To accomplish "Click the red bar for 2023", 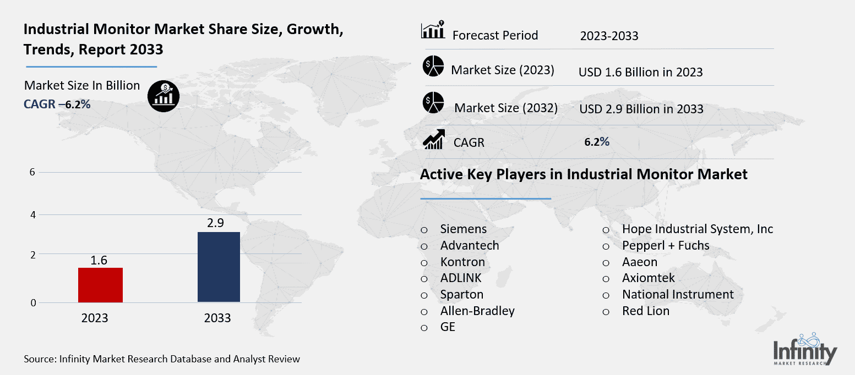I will pos(100,285).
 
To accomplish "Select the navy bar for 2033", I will pos(218,267).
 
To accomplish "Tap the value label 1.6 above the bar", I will pos(99,260).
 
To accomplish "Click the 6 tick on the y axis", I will pos(32,172).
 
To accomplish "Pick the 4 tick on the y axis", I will pos(32,215).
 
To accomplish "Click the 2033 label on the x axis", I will pos(217,318).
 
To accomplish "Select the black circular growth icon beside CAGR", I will pos(163,96).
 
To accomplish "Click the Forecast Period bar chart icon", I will pos(433,31).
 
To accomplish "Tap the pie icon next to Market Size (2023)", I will pos(433,67).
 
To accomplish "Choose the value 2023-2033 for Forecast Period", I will pos(609,36).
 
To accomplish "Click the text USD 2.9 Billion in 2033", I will pos(641,109).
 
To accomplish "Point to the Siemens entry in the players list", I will pos(463,229).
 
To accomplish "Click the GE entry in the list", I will pos(448,327).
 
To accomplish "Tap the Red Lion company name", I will pos(645,311).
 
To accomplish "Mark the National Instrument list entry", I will pos(677,294).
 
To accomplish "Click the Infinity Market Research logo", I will pos(805,350).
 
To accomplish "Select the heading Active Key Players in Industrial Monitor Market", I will pos(583,175).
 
